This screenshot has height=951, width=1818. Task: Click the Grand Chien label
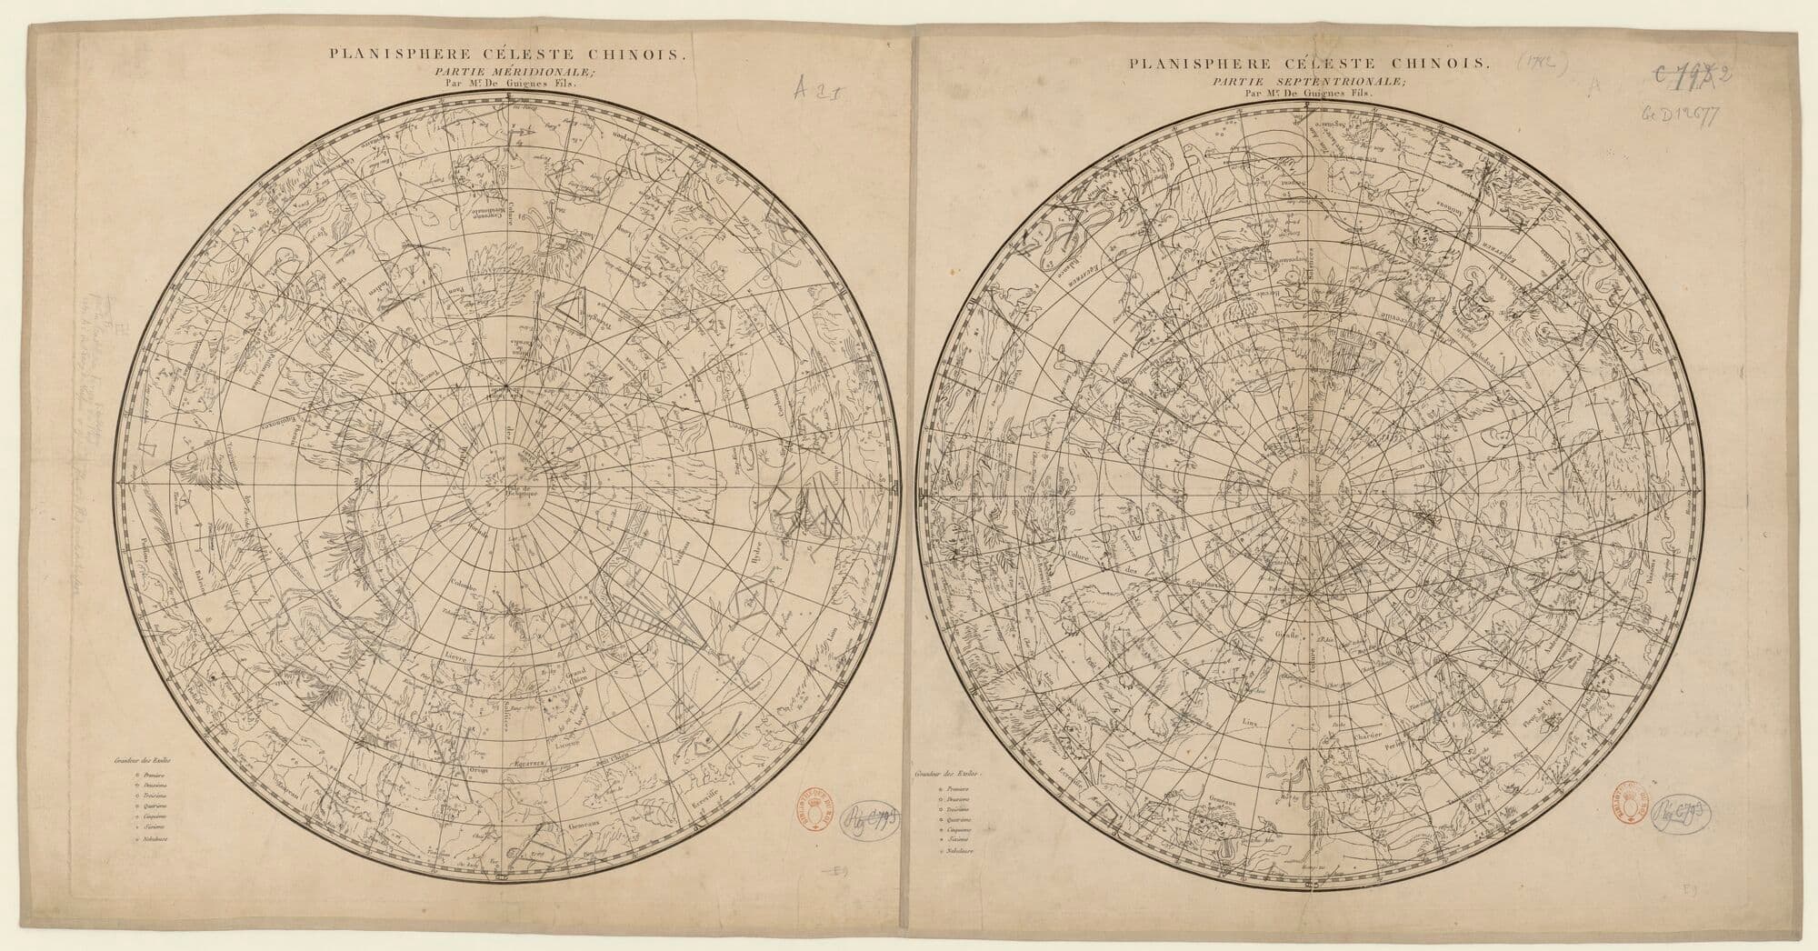tap(580, 677)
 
